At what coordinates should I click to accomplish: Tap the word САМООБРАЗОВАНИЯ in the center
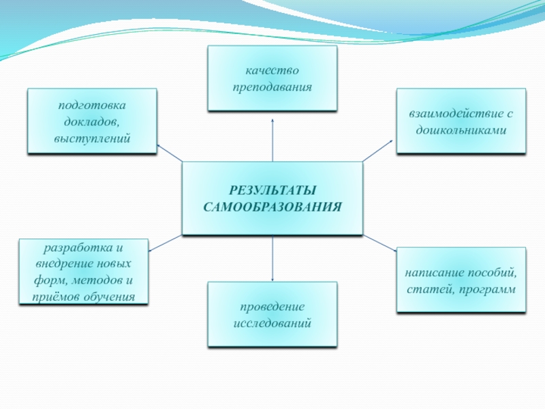coord(272,206)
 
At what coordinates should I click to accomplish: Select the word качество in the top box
coord(272,71)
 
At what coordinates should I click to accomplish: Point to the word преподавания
coord(272,88)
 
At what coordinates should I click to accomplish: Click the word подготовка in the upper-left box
coord(92,105)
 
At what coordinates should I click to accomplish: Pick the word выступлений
coord(92,138)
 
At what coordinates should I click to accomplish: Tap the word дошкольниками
coord(461,130)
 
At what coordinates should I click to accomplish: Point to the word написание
coord(433,273)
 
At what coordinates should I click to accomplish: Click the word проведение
coord(272,307)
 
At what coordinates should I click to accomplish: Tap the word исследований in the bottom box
coord(272,323)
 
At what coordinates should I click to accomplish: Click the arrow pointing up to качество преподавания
coord(272,140)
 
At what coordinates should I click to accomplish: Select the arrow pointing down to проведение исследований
coord(272,259)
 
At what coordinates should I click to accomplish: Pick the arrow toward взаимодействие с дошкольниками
coord(378,151)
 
